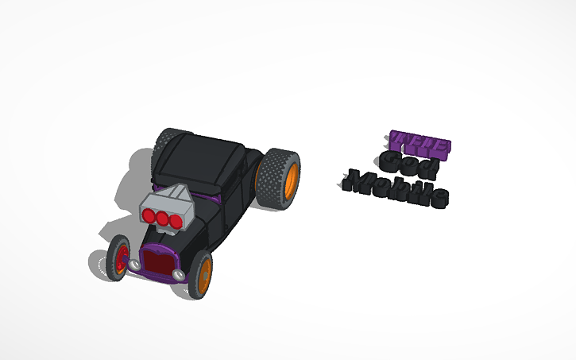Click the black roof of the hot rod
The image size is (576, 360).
click(x=199, y=154)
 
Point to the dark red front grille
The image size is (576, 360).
click(x=159, y=263)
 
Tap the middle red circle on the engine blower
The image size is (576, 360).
click(x=160, y=219)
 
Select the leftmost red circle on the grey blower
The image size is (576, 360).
click(x=148, y=215)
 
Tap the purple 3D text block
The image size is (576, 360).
click(x=420, y=144)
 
